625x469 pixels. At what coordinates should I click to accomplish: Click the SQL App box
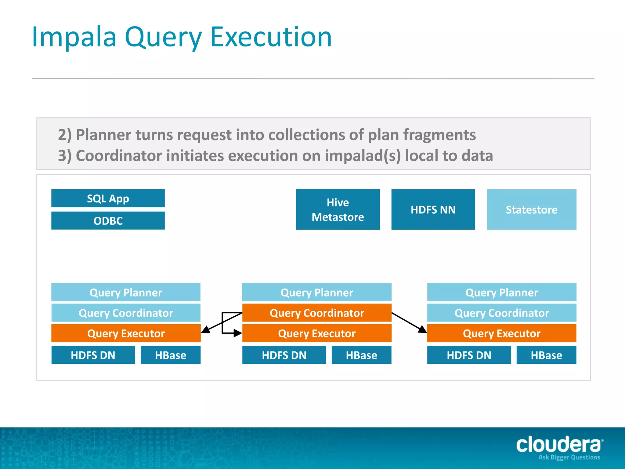tap(108, 198)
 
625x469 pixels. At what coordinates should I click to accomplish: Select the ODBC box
tap(108, 220)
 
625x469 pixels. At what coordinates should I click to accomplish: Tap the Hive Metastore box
tap(338, 209)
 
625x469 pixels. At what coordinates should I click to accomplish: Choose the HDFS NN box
tap(433, 209)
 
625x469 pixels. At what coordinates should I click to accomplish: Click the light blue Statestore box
tap(531, 209)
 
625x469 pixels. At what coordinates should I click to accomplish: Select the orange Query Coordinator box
tap(316, 313)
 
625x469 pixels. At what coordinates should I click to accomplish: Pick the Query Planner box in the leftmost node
tap(126, 293)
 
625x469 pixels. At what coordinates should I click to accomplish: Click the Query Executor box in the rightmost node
tap(501, 333)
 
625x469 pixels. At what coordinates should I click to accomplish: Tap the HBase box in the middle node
tap(361, 355)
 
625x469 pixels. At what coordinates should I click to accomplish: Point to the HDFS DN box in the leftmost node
tap(93, 355)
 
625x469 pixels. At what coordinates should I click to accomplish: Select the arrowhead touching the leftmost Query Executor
tap(206, 330)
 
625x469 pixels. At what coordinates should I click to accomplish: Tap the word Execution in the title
tap(271, 37)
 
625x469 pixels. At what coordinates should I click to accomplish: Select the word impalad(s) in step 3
tap(363, 156)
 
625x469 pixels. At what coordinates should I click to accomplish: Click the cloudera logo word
tap(559, 445)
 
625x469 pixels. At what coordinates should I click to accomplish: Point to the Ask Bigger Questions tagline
tap(569, 457)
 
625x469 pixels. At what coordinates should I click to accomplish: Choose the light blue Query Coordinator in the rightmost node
tap(501, 313)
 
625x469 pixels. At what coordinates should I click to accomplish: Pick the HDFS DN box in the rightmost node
tap(469, 355)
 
